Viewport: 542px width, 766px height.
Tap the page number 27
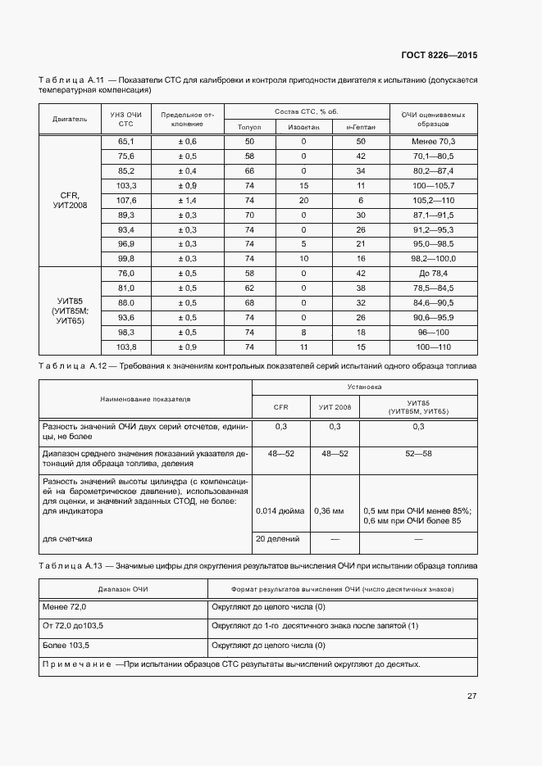pyautogui.click(x=472, y=696)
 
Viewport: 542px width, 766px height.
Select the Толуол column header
pyautogui.click(x=249, y=127)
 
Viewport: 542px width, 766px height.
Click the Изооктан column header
pyautogui.click(x=303, y=127)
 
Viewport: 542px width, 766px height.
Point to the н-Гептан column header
pyautogui.click(x=360, y=127)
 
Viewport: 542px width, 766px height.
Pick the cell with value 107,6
pyautogui.click(x=125, y=200)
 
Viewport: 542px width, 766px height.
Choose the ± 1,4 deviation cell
pyautogui.click(x=187, y=200)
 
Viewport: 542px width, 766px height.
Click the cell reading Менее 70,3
pyautogui.click(x=434, y=142)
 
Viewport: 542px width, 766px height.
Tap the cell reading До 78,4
pyautogui.click(x=434, y=273)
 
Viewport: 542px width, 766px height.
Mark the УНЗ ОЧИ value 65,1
pyautogui.click(x=125, y=142)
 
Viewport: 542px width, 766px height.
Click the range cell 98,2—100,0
pyautogui.click(x=434, y=258)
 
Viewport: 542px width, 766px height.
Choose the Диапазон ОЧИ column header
pyautogui.click(x=123, y=589)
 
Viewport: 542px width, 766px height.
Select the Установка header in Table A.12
pyautogui.click(x=364, y=385)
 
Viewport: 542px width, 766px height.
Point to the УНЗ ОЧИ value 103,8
pyautogui.click(x=125, y=346)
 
